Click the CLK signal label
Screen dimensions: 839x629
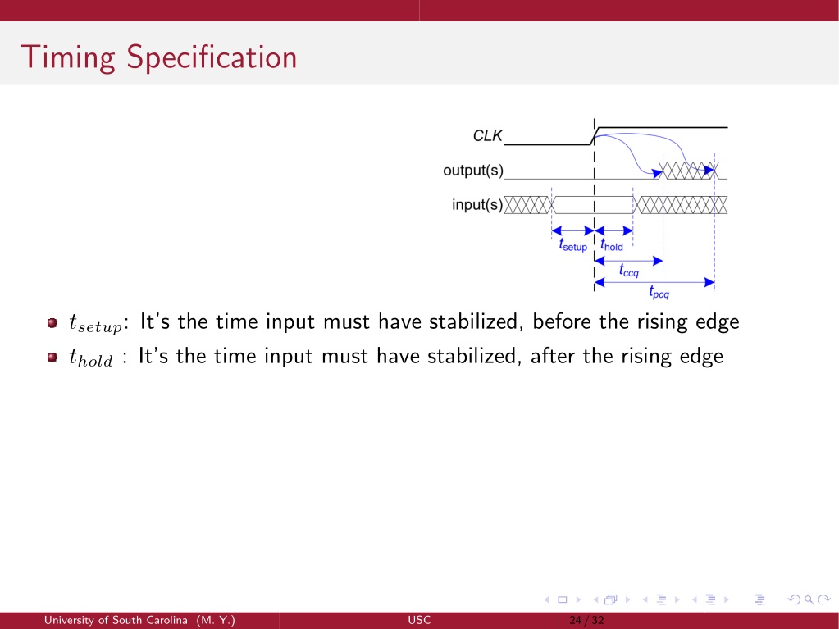pos(487,136)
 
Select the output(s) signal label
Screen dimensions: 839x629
pos(473,170)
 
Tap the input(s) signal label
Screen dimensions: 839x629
pos(477,204)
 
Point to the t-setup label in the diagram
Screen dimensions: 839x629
pos(573,245)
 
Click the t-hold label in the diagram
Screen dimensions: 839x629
pos(612,245)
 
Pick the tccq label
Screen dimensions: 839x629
pos(629,271)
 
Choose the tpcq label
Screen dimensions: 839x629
pos(659,292)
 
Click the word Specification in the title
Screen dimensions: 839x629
pos(212,57)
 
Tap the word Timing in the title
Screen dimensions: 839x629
pos(67,57)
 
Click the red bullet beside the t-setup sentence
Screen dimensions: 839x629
pos(52,322)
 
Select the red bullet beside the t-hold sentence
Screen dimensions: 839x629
pos(52,357)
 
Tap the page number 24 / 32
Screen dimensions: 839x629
pos(586,621)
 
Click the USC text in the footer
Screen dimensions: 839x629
pos(419,621)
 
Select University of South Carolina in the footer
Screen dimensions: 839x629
pos(116,621)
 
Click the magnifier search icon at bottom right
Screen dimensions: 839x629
pos(809,599)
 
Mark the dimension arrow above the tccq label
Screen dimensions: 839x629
pos(629,261)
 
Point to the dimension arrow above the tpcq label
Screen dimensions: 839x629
pos(654,282)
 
